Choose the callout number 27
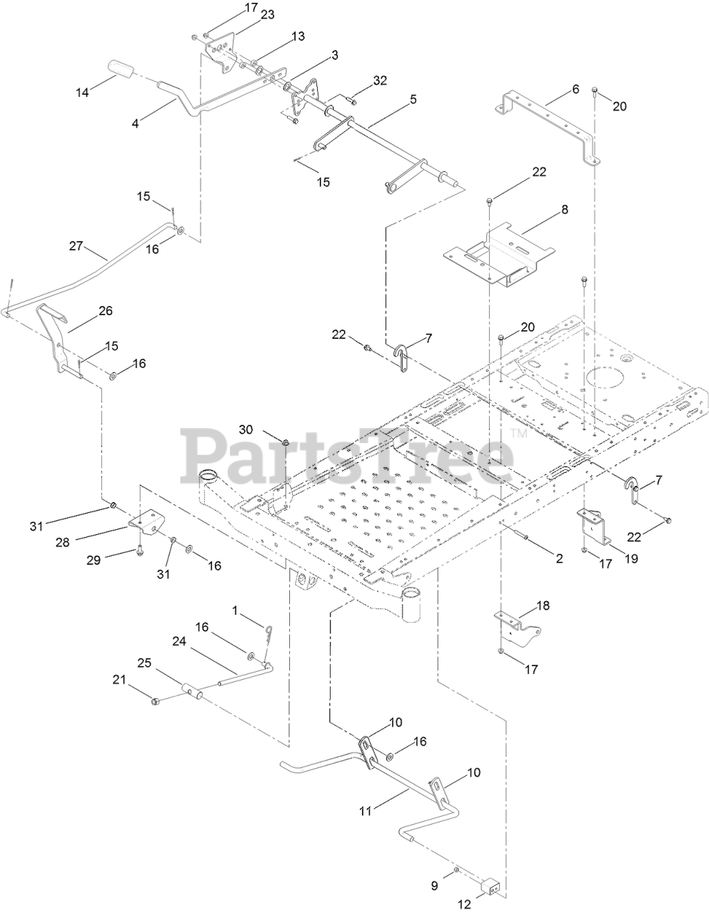point(76,246)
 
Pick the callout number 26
point(106,311)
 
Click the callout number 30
point(246,429)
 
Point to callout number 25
point(144,663)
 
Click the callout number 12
point(466,904)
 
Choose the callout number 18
point(543,606)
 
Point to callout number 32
point(380,81)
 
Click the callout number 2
point(559,559)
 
